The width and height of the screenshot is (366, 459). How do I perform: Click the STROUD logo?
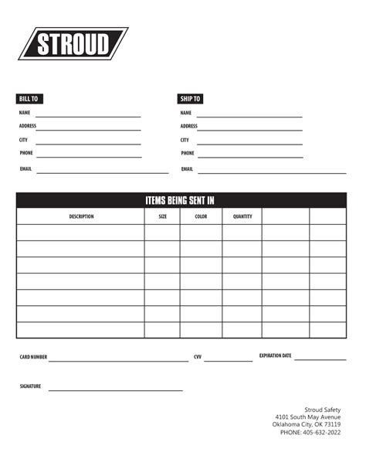(x=73, y=44)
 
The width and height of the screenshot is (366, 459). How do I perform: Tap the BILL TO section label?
(x=29, y=99)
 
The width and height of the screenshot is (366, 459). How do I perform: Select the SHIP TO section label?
(x=190, y=99)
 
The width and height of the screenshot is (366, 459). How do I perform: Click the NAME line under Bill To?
(x=88, y=116)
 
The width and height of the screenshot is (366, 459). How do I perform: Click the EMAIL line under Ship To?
(x=270, y=172)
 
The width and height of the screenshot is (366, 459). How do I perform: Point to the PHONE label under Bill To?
(x=26, y=153)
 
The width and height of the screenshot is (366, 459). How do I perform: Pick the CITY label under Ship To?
(x=185, y=140)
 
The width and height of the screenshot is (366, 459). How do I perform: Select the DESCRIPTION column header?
(x=81, y=216)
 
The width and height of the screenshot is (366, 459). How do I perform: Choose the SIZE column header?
(x=162, y=216)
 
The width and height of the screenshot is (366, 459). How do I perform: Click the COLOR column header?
(x=201, y=216)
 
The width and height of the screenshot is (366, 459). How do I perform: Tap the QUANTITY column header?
(x=242, y=216)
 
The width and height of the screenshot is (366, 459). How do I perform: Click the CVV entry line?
(x=228, y=360)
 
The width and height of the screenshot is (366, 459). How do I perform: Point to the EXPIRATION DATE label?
(x=275, y=355)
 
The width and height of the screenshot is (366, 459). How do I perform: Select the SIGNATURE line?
(x=116, y=389)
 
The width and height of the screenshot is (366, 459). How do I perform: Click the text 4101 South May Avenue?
(x=307, y=416)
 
